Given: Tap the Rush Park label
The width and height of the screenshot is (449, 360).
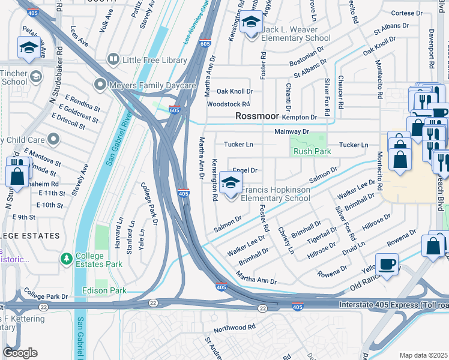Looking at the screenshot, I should [x=312, y=152].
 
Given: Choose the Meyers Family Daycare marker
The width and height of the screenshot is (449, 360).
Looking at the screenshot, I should [x=100, y=85].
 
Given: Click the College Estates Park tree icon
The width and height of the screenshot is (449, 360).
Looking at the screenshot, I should [x=67, y=259].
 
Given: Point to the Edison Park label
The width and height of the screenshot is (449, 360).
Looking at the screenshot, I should [x=104, y=291].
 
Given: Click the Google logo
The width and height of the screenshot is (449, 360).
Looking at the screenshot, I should [x=20, y=352].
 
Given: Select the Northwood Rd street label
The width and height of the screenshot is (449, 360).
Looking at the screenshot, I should [x=235, y=328].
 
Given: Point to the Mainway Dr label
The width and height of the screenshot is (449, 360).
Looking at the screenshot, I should [x=291, y=131].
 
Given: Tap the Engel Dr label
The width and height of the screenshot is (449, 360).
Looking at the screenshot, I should [x=244, y=170].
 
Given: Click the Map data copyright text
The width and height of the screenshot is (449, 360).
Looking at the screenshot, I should [x=423, y=355].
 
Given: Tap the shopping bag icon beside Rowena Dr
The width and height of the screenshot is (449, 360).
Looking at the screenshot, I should [x=433, y=246].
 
